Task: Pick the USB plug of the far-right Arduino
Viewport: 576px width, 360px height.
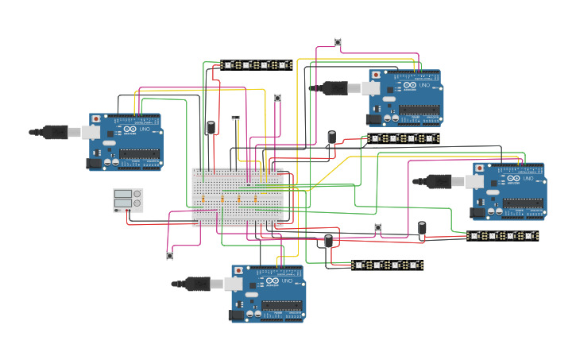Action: pyautogui.click(x=435, y=182)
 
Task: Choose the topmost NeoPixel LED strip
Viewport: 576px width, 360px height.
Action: pyautogui.click(x=256, y=64)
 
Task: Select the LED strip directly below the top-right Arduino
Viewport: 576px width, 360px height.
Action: pyautogui.click(x=403, y=138)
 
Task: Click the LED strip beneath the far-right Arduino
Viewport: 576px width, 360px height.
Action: pyautogui.click(x=502, y=236)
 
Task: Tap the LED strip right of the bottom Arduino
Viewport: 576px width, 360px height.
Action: pyautogui.click(x=387, y=265)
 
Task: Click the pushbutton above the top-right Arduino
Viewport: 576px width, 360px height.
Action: pyautogui.click(x=340, y=42)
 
